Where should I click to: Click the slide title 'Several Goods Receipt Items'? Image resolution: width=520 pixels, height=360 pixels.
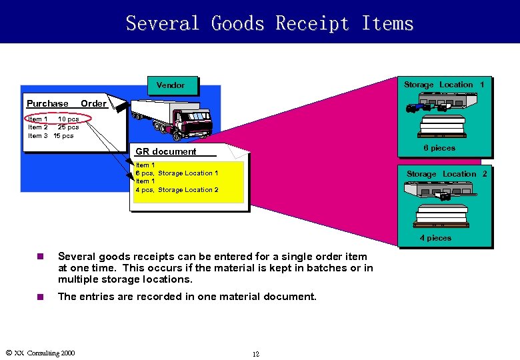coord(269,23)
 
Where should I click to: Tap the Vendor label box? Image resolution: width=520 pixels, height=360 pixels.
coord(171,85)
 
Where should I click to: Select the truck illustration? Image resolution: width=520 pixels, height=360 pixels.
coord(173,119)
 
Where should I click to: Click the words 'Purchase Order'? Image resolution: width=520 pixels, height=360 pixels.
coord(66,103)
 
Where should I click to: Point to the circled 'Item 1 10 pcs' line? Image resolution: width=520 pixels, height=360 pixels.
coord(53,119)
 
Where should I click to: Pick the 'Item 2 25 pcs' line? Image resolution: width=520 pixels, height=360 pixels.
coord(53,127)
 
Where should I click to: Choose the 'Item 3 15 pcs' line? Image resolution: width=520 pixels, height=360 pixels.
coord(51,136)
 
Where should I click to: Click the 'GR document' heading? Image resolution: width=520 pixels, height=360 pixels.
coord(166,151)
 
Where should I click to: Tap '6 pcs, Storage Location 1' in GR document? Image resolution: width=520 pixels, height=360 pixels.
coord(177,173)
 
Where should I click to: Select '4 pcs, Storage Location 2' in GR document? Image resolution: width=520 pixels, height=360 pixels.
coord(177,190)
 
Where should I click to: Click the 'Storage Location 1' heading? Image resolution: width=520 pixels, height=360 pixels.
coord(444,85)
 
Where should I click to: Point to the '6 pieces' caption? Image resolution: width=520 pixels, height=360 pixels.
coord(439,148)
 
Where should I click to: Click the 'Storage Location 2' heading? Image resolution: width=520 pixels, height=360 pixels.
coord(447,174)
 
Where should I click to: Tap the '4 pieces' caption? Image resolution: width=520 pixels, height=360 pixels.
coord(435,238)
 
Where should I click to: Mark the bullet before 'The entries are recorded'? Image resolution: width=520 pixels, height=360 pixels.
coord(40,297)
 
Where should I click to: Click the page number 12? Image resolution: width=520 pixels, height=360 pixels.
coord(256,354)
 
